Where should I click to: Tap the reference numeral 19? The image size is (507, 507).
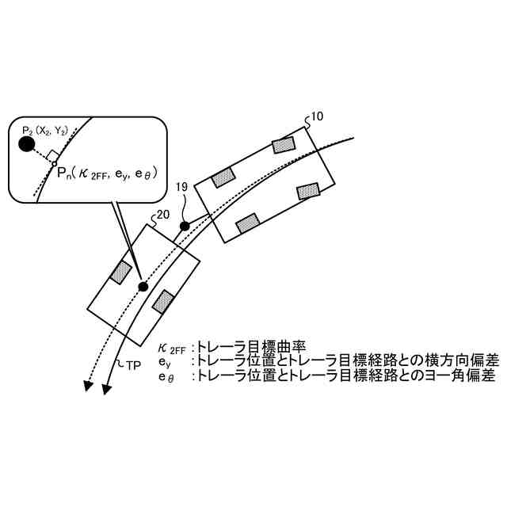pyautogui.click(x=181, y=189)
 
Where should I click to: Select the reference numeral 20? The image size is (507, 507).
pyautogui.click(x=162, y=215)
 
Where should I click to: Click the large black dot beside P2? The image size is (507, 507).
pyautogui.click(x=26, y=143)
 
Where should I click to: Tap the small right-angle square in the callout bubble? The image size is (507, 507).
pyautogui.click(x=50, y=155)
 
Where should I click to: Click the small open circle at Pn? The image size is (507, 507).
pyautogui.click(x=54, y=165)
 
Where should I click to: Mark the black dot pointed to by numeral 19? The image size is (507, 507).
pyautogui.click(x=185, y=227)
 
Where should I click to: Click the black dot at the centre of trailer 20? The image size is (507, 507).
pyautogui.click(x=143, y=286)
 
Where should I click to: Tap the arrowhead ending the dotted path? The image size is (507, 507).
pyautogui.click(x=85, y=385)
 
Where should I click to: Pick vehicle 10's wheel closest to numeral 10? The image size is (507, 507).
pyautogui.click(x=283, y=145)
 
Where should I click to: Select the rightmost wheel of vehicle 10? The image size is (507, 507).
pyautogui.click(x=307, y=191)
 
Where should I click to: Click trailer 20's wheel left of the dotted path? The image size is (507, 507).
pyautogui.click(x=120, y=272)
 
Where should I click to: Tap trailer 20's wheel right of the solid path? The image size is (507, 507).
pyautogui.click(x=164, y=302)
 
